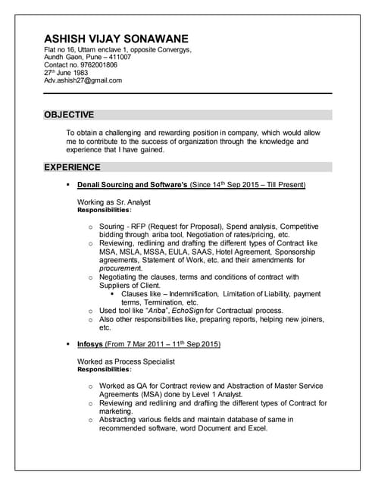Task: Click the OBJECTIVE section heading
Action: point(69,115)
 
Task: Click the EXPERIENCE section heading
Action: point(72,167)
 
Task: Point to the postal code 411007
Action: point(117,58)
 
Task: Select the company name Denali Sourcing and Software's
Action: point(132,184)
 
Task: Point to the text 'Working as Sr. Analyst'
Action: point(114,202)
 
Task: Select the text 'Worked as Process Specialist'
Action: point(126,362)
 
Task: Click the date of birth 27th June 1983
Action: point(70,73)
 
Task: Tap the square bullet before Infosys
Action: point(68,344)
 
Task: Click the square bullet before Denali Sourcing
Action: point(68,184)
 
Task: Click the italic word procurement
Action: point(120,268)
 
